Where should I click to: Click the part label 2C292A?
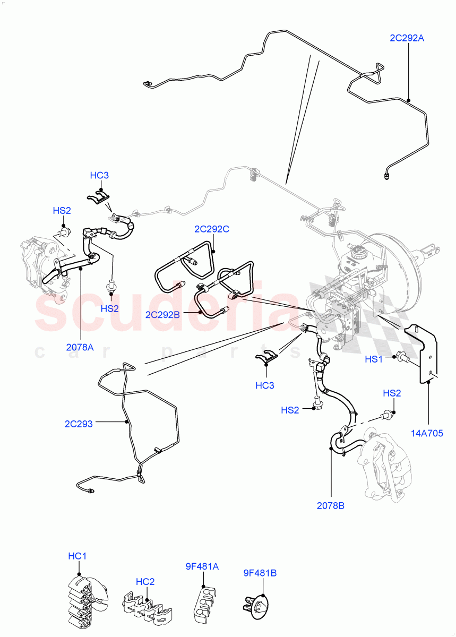pos(407,38)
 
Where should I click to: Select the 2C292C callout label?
pos(211,229)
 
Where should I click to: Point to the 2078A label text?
pos(80,347)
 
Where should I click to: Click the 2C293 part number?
pos(79,424)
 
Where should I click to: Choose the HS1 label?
pos(373,359)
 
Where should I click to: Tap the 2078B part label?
pos(331,505)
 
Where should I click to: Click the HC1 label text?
pos(78,556)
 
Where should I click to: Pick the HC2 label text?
pos(144,581)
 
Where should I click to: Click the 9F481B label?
pos(260,573)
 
